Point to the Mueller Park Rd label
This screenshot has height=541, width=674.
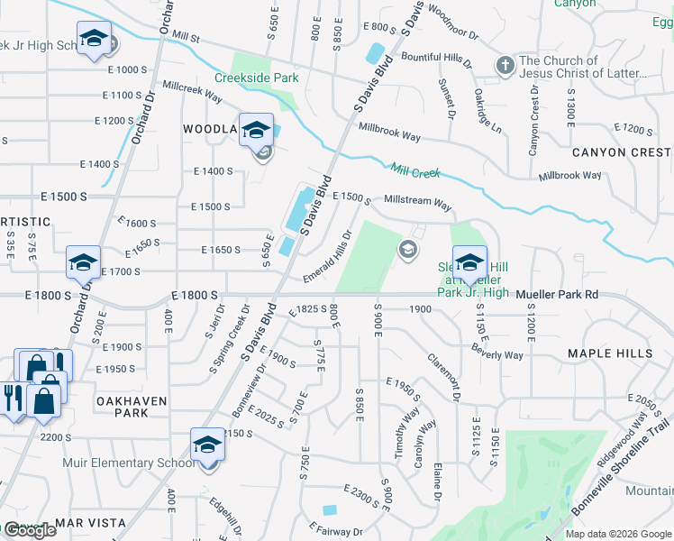point(558,295)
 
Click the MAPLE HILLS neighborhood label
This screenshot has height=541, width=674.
point(610,353)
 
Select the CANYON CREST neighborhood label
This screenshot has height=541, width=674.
point(620,152)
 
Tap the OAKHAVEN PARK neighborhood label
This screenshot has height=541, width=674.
point(119,405)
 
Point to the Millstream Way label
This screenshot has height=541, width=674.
point(417,205)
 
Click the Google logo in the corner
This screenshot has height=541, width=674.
point(29,530)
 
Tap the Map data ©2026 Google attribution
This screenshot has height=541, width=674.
point(618,534)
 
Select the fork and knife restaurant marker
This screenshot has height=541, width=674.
point(13,397)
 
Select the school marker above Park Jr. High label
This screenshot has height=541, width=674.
point(469,262)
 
